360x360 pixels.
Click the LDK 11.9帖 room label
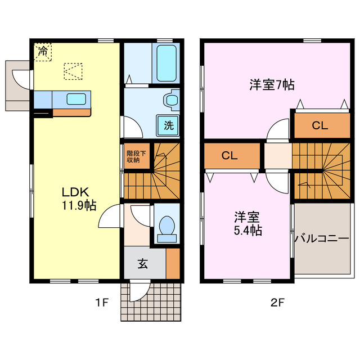coord(78,197)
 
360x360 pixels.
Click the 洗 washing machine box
coord(168,125)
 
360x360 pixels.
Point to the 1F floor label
coord(101,303)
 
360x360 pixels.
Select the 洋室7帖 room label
coord(272,85)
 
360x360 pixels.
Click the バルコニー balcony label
coord(322,238)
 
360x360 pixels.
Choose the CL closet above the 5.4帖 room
coord(229,156)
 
